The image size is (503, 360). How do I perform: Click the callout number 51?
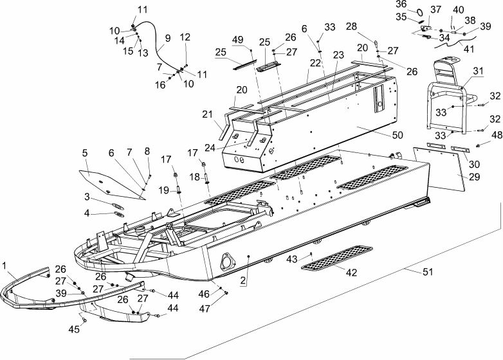pos(428,272)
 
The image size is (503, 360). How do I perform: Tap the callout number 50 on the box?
pos(397,135)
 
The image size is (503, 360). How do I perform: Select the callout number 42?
pos(351,272)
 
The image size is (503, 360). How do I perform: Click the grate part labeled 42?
pos(337,258)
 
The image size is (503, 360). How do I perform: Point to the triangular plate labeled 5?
pos(109,184)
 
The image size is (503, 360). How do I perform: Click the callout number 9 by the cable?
pos(168,38)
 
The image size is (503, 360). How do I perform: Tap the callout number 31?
pos(478,71)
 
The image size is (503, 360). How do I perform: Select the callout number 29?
pos(474,177)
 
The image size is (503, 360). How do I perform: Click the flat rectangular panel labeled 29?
pos(439,168)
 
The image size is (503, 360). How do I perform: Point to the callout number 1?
pos(4,265)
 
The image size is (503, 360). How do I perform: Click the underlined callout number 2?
pos(243,280)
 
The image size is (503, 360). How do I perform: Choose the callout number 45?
pos(74,329)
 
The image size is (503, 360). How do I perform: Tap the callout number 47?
pos(205,309)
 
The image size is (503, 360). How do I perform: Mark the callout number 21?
pos(208,114)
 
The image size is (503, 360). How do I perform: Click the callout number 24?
pos(211,147)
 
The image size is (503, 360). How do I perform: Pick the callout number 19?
pos(163,190)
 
